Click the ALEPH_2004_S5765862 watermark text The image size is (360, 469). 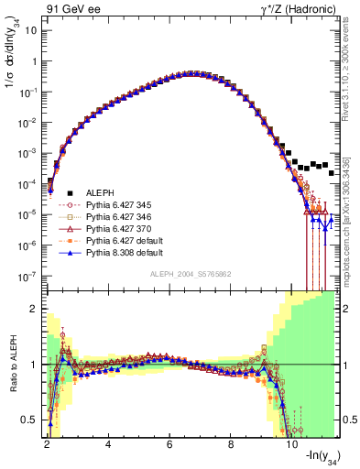point(190,275)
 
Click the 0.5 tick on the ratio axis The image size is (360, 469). point(31,420)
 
